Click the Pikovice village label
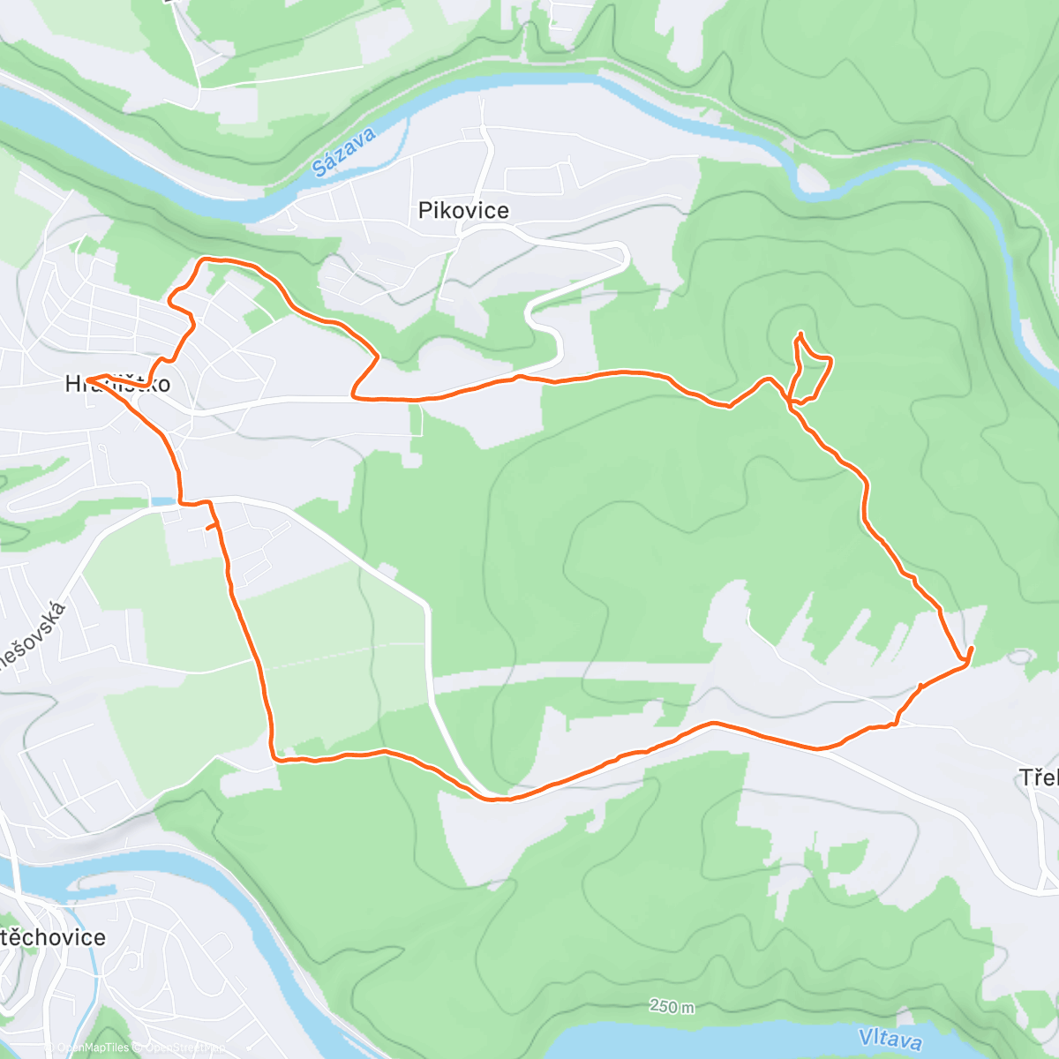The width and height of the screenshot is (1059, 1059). click(x=463, y=211)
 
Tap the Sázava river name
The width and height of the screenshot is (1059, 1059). click(x=344, y=152)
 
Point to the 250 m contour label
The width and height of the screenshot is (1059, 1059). click(x=672, y=1006)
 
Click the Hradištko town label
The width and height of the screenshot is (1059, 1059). click(x=117, y=384)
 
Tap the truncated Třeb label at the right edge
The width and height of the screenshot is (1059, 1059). click(x=1039, y=777)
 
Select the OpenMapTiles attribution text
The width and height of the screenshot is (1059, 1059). click(x=92, y=1048)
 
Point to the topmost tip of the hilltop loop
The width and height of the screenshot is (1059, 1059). click(x=800, y=333)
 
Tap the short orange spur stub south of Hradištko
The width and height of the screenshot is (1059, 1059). click(x=211, y=527)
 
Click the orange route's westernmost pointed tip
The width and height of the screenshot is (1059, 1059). click(x=87, y=380)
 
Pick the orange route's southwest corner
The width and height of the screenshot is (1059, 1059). click(x=274, y=757)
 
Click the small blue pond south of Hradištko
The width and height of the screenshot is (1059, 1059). click(x=163, y=501)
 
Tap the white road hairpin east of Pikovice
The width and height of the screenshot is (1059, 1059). click(x=625, y=255)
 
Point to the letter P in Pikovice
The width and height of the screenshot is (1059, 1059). click(x=424, y=211)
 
